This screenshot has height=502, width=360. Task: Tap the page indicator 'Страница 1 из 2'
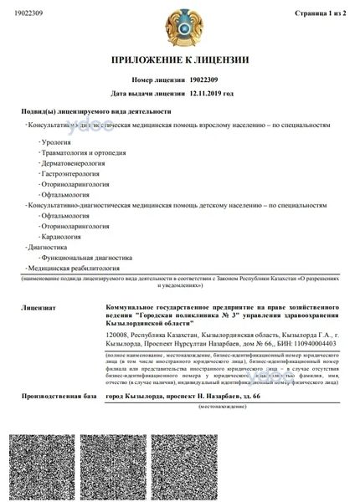point(325,14)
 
